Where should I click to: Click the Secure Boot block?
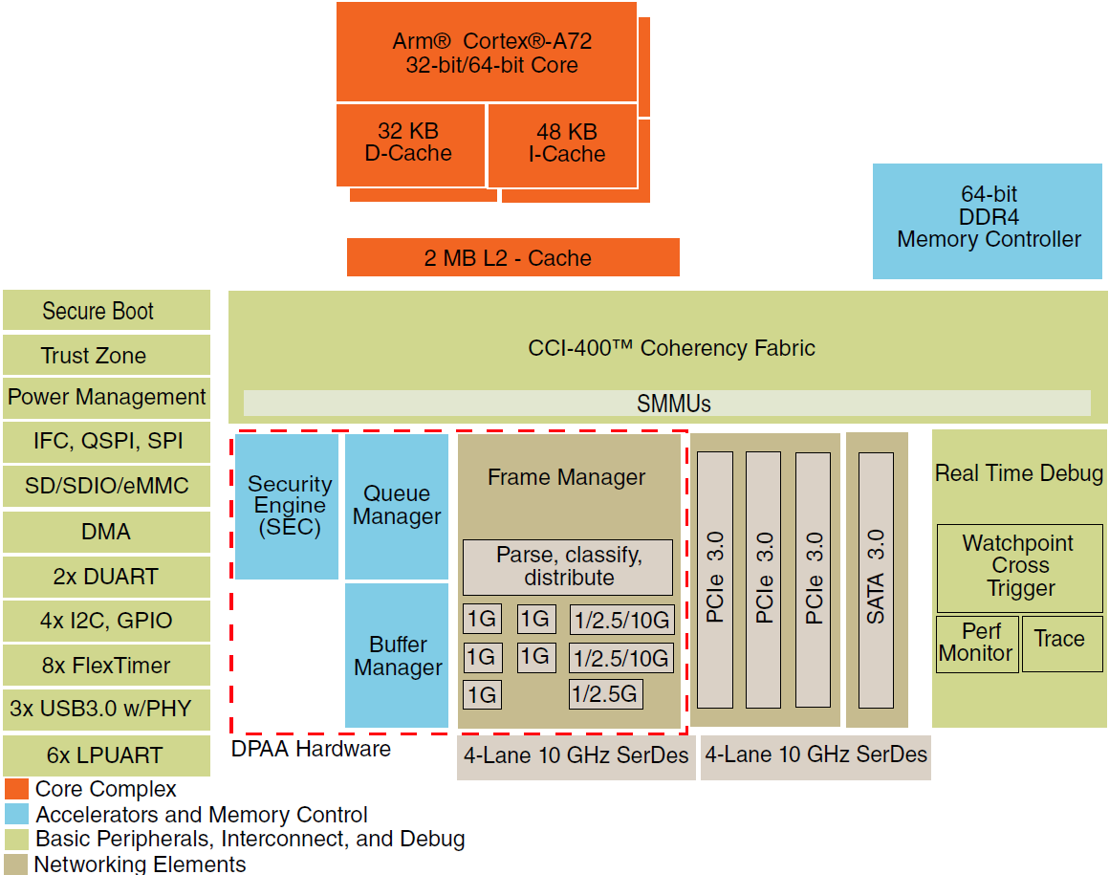point(106,311)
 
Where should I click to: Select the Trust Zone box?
point(106,355)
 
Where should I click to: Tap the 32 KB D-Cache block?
point(409,144)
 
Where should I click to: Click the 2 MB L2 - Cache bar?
point(512,258)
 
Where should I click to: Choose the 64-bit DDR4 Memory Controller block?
point(989,221)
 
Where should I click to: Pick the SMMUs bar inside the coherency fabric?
point(666,404)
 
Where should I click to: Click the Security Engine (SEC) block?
point(287,506)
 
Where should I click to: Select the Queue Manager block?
point(397,506)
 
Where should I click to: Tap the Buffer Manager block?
point(397,656)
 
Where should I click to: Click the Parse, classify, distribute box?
point(568,567)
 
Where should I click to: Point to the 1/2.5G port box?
point(605,694)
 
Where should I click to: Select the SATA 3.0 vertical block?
point(876,580)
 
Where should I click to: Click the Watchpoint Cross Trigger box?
point(1019,567)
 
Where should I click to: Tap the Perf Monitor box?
point(976,644)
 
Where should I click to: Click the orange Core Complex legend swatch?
point(16,790)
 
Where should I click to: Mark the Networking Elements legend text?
point(140,864)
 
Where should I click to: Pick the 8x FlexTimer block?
point(106,666)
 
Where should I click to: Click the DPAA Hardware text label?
point(311,749)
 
